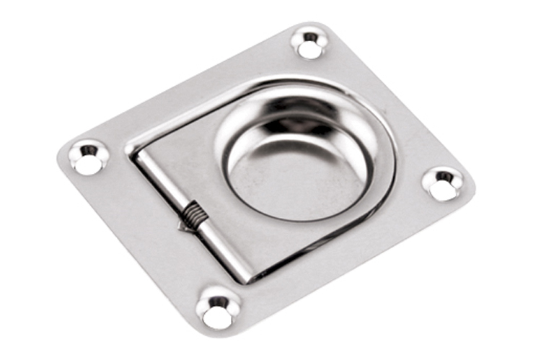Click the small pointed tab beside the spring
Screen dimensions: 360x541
(182, 226)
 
